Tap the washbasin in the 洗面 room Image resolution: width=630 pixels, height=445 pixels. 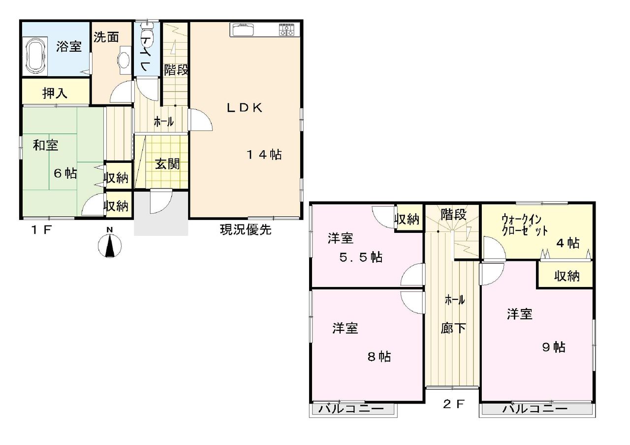click(125, 61)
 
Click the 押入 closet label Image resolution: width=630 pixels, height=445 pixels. click(55, 93)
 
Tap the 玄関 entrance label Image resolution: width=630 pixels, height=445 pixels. click(167, 164)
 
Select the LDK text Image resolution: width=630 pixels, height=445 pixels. click(245, 108)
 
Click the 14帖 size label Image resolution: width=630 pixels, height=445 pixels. click(264, 155)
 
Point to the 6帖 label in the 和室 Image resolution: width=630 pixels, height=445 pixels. click(65, 173)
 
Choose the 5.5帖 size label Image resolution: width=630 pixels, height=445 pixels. click(361, 257)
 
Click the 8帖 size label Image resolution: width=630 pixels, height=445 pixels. click(379, 357)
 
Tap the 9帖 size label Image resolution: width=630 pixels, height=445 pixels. click(554, 347)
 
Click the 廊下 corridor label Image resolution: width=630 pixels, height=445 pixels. click(453, 328)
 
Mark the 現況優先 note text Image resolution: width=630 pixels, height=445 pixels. click(245, 229)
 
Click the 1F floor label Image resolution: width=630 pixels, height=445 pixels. click(42, 230)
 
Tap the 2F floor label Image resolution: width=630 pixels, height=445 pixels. click(453, 404)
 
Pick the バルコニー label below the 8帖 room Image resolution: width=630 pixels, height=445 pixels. click(351, 409)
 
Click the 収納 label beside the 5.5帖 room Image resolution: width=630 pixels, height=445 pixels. click(407, 219)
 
